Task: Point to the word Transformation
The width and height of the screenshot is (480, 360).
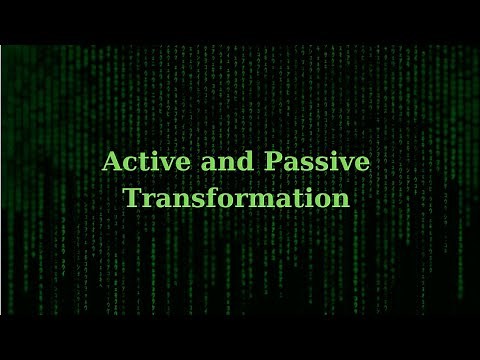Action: [x=237, y=198]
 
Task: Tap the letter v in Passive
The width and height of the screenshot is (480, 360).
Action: [x=348, y=163]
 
